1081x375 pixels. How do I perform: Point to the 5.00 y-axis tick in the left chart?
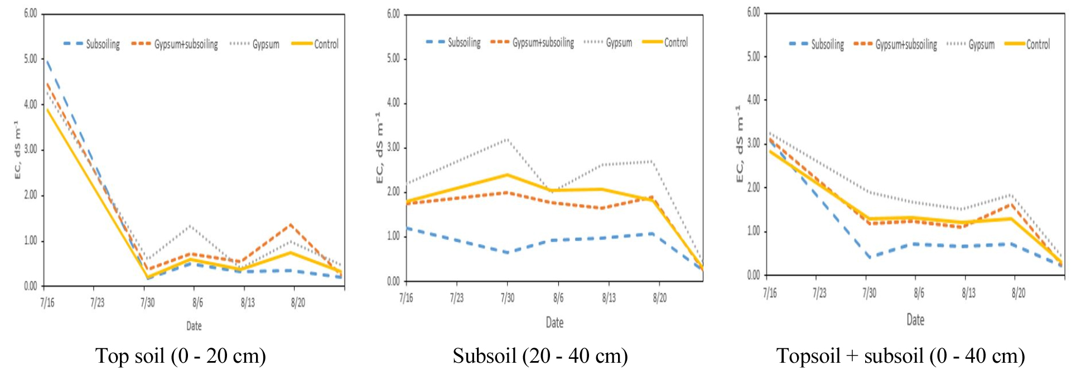pyautogui.click(x=30, y=59)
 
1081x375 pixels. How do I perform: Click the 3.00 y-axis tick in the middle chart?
pyautogui.click(x=393, y=147)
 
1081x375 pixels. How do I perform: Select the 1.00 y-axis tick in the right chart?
pyautogui.click(x=753, y=231)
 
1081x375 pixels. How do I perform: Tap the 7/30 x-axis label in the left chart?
pyautogui.click(x=147, y=302)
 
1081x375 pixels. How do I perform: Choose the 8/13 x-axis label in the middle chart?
pyautogui.click(x=609, y=298)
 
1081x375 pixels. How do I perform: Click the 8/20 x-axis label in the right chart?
pyautogui.click(x=1018, y=293)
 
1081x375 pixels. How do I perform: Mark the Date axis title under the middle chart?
pyautogui.click(x=554, y=323)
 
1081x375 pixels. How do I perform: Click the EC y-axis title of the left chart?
pyautogui.click(x=17, y=150)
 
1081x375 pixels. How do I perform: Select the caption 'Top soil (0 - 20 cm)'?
pyautogui.click(x=180, y=355)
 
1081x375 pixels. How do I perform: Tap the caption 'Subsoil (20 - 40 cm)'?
pyautogui.click(x=540, y=355)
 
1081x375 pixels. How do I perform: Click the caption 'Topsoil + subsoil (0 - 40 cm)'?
pyautogui.click(x=900, y=355)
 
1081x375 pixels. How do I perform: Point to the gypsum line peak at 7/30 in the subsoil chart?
pyautogui.click(x=507, y=139)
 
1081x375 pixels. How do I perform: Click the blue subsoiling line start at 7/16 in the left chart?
pyautogui.click(x=48, y=61)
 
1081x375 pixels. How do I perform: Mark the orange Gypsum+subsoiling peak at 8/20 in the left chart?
pyautogui.click(x=292, y=225)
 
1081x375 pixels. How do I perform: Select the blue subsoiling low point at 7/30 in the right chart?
pyautogui.click(x=869, y=257)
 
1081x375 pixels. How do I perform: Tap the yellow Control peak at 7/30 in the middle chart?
pyautogui.click(x=507, y=175)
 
